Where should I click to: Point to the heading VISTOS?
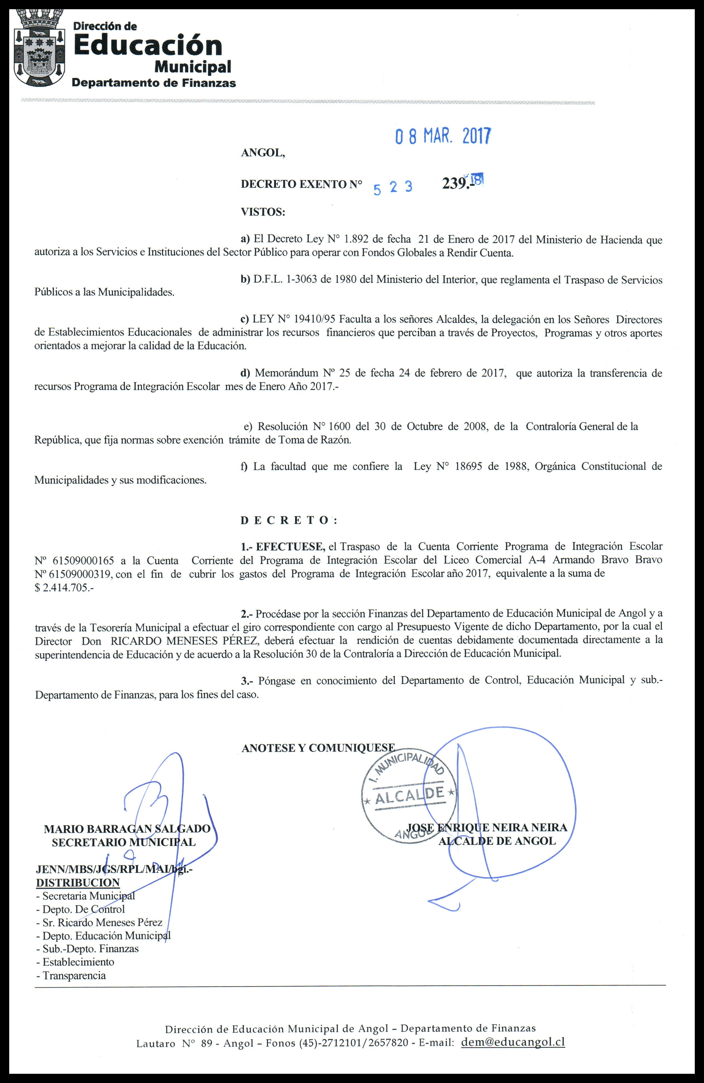[x=263, y=211]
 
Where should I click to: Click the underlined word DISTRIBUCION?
[x=78, y=882]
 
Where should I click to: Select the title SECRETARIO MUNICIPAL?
[x=124, y=842]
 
